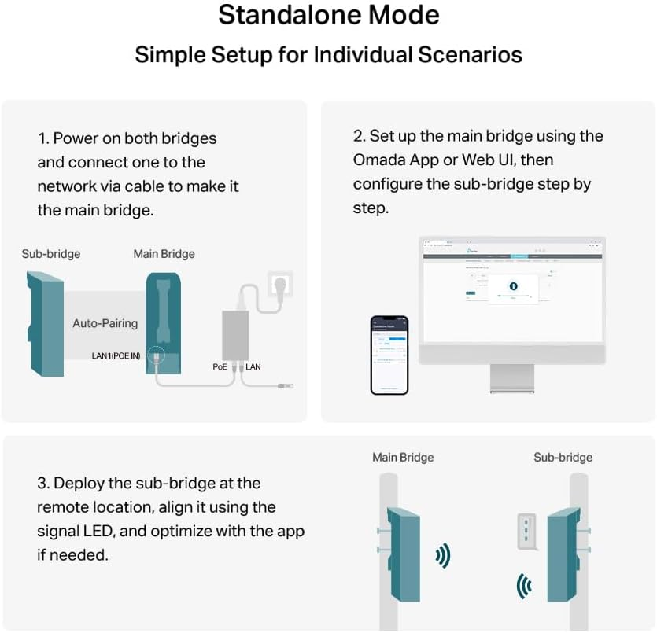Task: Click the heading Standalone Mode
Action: (x=328, y=16)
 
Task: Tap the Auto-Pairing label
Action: (x=105, y=323)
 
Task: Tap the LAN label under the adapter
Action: (x=253, y=367)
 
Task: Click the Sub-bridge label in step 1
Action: (x=50, y=254)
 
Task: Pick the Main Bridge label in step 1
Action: (x=164, y=254)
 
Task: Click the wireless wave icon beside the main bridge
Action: (x=443, y=557)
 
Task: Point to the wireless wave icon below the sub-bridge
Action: (x=523, y=586)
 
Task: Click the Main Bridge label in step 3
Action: (x=403, y=457)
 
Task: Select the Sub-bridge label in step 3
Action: (x=563, y=457)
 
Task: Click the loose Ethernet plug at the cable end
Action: (x=285, y=386)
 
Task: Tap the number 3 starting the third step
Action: (x=42, y=483)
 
